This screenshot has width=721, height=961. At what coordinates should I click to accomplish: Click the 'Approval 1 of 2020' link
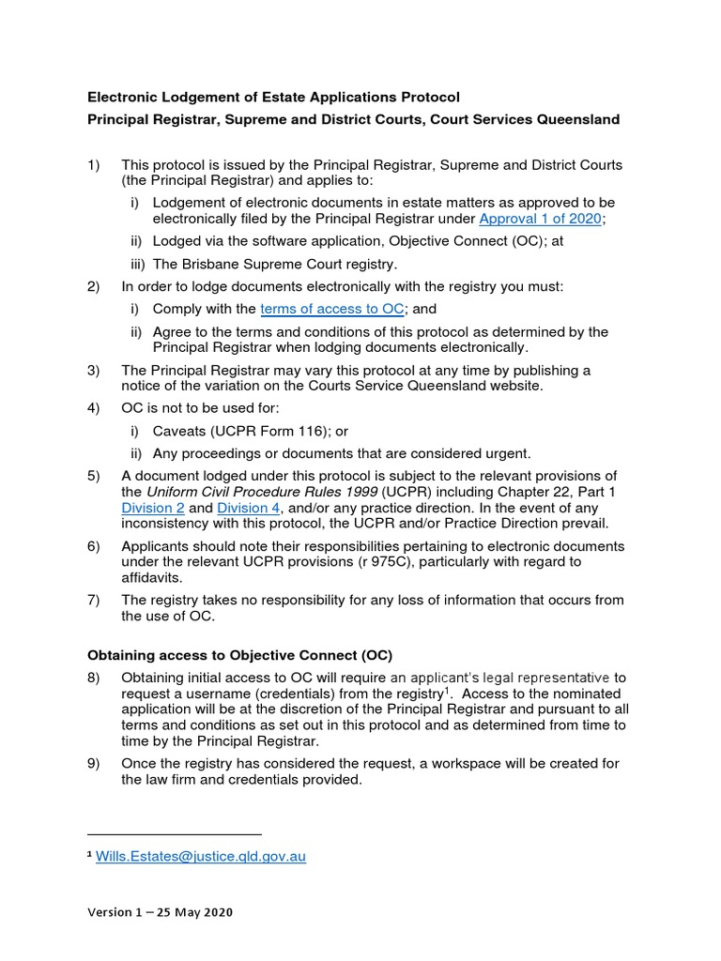pyautogui.click(x=540, y=219)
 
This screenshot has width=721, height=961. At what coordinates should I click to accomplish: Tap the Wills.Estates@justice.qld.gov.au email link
pyautogui.click(x=201, y=856)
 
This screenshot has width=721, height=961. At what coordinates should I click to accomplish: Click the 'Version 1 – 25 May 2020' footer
pyautogui.click(x=160, y=912)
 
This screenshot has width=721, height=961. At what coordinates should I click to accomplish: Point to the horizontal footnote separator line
pyautogui.click(x=174, y=833)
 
